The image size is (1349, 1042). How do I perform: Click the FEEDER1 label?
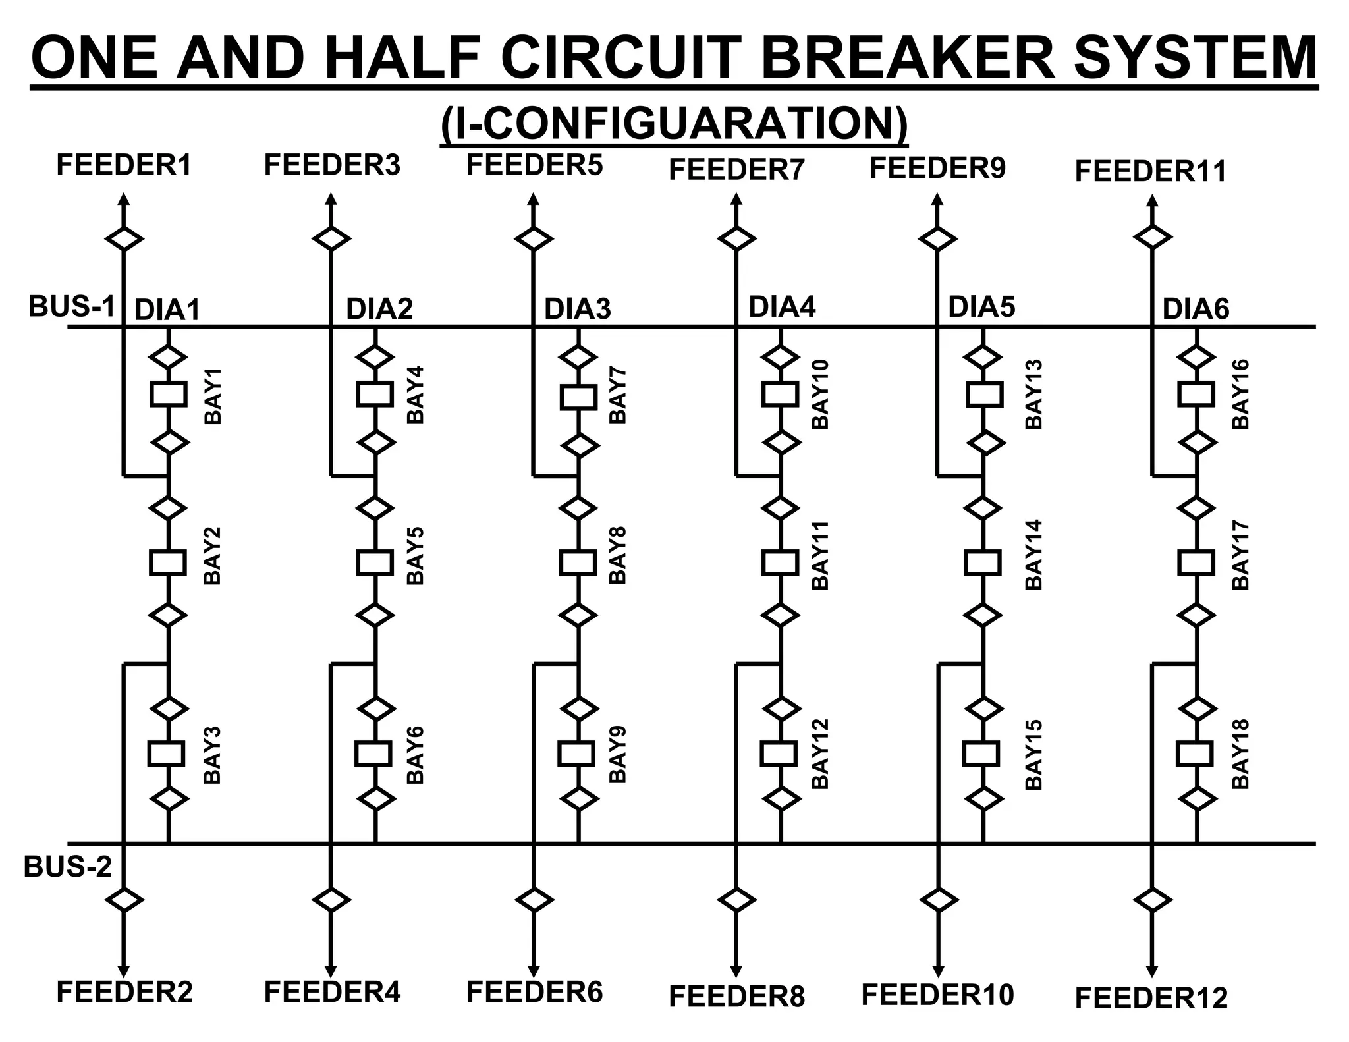point(124,165)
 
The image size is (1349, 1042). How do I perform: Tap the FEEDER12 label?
point(1151,999)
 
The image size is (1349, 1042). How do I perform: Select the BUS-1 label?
point(72,307)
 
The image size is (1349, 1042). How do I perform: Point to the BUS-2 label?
point(68,867)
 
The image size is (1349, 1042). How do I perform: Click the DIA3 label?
point(577,309)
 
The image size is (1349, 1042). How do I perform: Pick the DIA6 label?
point(1196,309)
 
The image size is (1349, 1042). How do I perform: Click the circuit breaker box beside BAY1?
point(168,395)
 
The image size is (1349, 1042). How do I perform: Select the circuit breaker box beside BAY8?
point(578,562)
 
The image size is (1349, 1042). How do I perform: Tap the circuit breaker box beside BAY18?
point(1195,753)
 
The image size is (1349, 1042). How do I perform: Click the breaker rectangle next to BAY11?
point(781,562)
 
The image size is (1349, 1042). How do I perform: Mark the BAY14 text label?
point(1034,555)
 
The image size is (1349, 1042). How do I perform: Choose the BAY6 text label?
point(415,755)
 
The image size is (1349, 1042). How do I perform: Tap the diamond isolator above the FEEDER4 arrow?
point(331,899)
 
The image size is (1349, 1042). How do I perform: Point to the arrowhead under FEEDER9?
point(937,199)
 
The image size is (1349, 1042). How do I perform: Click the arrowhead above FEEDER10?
point(937,972)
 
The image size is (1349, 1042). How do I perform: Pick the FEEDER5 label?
point(534,165)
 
